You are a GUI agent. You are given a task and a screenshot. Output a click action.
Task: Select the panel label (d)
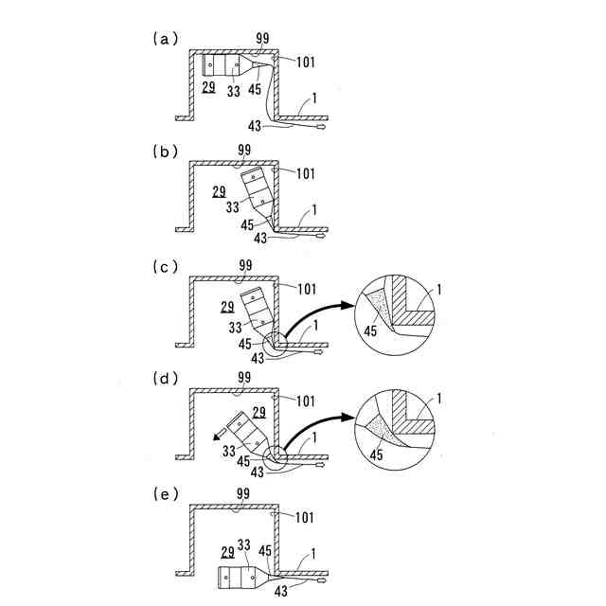(x=164, y=379)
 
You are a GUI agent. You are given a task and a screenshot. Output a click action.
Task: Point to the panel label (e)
(x=164, y=492)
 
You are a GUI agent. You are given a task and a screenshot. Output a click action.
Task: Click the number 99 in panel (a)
(x=262, y=39)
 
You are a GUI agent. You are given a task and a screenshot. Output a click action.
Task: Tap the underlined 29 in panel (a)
(x=208, y=86)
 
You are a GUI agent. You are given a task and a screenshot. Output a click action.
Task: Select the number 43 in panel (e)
(x=281, y=592)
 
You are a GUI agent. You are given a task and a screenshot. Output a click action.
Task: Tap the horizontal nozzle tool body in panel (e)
(x=239, y=577)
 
